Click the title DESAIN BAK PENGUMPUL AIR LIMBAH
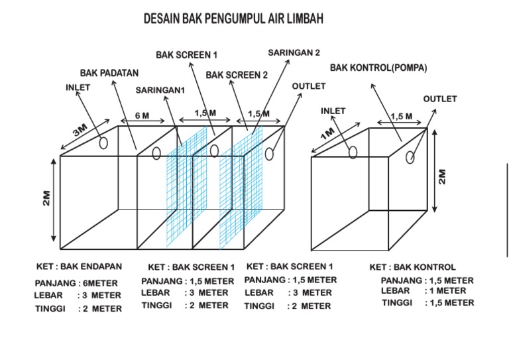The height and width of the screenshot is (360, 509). coord(233,21)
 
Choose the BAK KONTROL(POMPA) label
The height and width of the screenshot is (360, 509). coord(378,68)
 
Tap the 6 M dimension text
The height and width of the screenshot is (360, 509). coord(142,115)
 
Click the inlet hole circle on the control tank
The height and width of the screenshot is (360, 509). coord(353,153)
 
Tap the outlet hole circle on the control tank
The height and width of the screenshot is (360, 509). coord(411,157)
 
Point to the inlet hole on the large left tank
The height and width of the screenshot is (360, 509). coord(103,143)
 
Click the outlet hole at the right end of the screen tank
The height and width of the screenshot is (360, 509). coord(270,154)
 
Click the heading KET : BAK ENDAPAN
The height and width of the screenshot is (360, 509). coord(79,267)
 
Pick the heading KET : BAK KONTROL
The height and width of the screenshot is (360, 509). coord(412,267)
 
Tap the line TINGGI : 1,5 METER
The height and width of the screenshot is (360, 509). coord(427,302)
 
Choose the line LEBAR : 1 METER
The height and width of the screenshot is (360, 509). coord(424,290)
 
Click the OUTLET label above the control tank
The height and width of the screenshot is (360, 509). coord(440,99)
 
